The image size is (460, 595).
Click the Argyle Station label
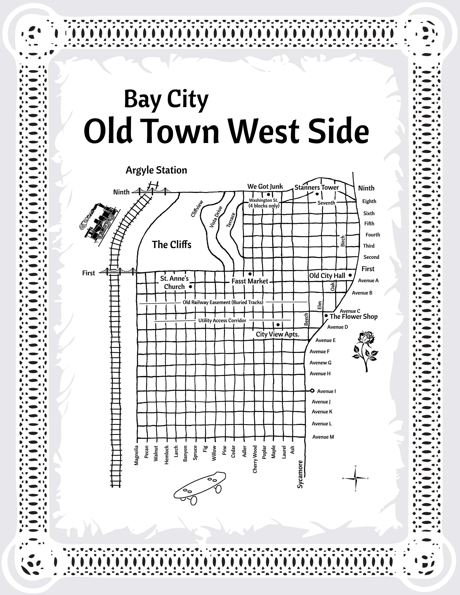coord(156,170)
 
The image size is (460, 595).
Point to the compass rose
coord(355,478)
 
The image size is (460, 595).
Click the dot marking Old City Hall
coord(350,275)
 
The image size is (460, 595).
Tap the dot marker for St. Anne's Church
coord(191,287)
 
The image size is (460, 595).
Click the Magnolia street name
coord(137,455)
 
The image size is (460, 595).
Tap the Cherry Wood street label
coord(255,459)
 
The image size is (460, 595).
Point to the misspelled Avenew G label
coord(320,363)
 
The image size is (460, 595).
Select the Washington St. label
coord(264,201)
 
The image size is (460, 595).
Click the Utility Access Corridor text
coord(222,320)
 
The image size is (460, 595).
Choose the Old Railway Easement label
coord(223,302)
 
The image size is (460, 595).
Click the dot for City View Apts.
coord(278,324)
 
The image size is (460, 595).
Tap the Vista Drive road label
coord(216,217)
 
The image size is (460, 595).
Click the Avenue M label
coord(323,437)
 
